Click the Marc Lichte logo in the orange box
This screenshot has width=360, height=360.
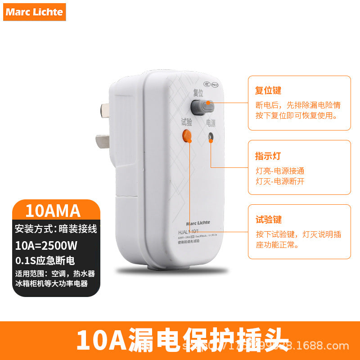click(34, 12)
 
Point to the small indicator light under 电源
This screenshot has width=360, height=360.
click(210, 137)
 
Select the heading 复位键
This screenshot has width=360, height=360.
click(268, 90)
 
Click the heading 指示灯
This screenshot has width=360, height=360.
click(268, 156)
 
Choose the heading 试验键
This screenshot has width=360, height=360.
click(268, 220)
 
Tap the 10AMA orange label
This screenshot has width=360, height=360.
click(53, 211)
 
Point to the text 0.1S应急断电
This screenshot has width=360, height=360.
click(45, 260)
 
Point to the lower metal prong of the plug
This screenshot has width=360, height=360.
click(103, 141)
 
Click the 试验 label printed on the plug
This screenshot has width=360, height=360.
click(186, 122)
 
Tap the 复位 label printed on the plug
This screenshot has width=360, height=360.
click(198, 93)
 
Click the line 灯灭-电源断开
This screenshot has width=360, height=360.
click(280, 181)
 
